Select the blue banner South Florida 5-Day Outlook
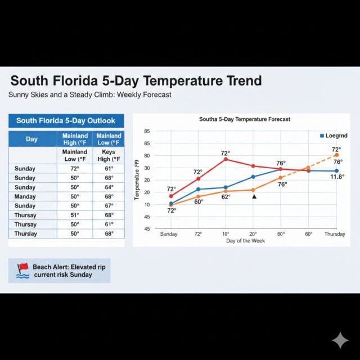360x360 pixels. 66,120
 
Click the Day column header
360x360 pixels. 32,139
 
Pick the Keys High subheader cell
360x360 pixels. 109,155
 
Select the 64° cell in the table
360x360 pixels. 109,187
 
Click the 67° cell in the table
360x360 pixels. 109,206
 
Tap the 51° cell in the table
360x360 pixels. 75,215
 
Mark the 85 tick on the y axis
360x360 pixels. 147,131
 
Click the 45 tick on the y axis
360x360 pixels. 147,229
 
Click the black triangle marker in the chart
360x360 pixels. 254,197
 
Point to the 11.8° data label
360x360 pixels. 337,177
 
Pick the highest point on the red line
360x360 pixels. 226,159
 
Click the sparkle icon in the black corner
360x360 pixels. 340,340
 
